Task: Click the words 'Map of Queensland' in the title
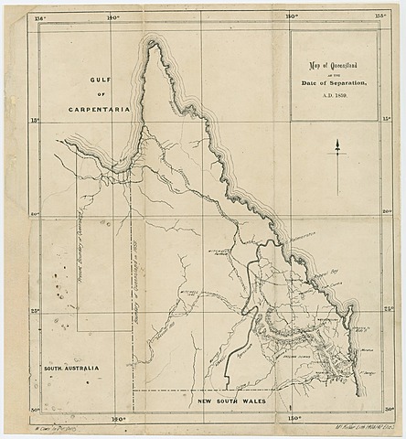coord(332,67)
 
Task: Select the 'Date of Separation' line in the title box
coord(332,83)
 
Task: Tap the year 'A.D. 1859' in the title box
coord(332,94)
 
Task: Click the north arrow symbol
coord(337,146)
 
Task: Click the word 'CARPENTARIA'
coord(99,109)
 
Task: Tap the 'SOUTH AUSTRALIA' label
coord(70,368)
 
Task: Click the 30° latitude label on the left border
coord(35,409)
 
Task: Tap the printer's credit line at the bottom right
coord(347,426)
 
